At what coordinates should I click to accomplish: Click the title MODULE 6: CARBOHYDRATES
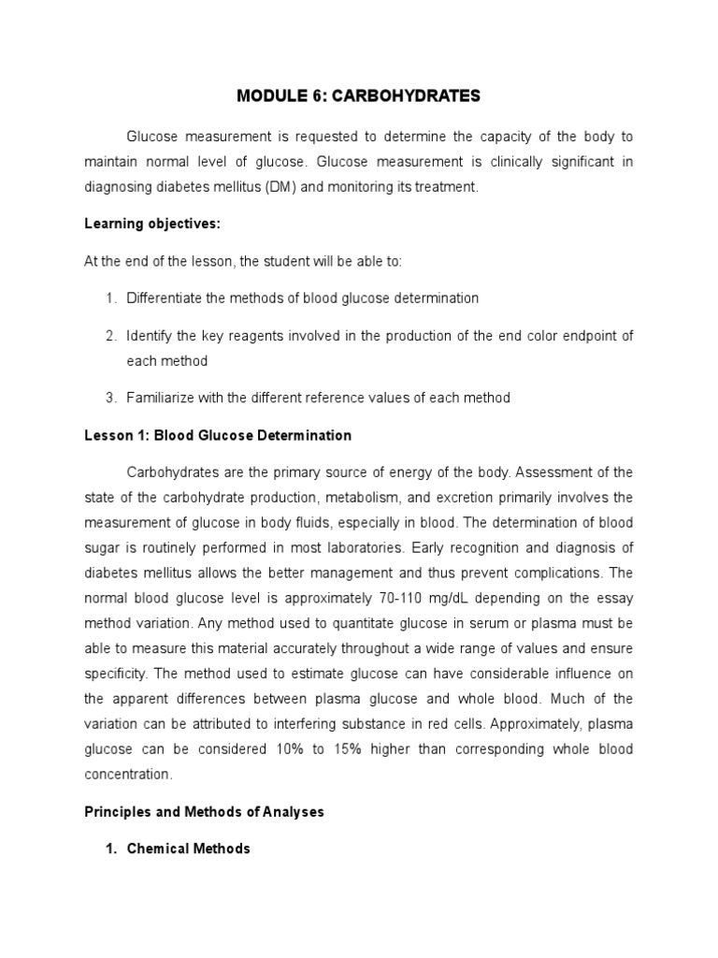[358, 95]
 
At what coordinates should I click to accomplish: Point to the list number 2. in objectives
[110, 335]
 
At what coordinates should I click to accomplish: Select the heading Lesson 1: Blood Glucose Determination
[218, 435]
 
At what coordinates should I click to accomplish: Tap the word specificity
[114, 673]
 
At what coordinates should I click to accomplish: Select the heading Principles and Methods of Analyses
[204, 812]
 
